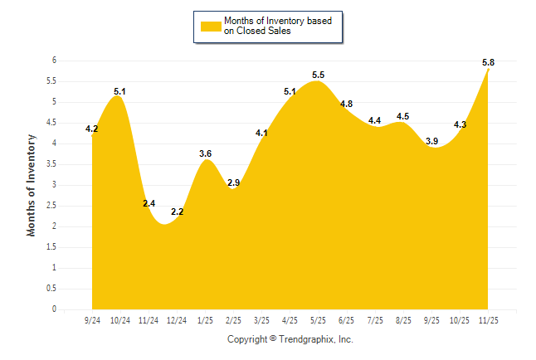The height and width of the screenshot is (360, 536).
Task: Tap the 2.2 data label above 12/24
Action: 178,212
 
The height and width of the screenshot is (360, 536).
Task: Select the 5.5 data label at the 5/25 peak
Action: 319,75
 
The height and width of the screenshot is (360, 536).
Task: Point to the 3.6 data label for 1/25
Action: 206,153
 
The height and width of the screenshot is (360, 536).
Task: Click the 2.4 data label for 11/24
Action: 149,203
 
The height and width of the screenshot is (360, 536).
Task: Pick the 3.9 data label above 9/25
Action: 432,142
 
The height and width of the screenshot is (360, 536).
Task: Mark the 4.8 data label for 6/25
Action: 347,104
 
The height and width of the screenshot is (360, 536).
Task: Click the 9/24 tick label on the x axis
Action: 93,320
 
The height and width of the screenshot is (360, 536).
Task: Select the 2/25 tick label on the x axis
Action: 234,320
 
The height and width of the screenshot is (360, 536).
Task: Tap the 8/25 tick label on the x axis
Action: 403,320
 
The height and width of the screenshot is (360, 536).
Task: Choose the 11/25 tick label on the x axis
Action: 488,320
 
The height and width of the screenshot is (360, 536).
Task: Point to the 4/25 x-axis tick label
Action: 290,320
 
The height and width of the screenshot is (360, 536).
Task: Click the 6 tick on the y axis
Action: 54,61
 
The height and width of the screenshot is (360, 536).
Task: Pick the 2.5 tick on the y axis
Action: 51,206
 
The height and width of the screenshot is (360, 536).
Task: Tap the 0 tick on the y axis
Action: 54,309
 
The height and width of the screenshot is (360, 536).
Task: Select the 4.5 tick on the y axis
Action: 51,123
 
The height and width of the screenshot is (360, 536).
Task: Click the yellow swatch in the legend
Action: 211,26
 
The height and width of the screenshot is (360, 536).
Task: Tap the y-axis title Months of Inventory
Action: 32,184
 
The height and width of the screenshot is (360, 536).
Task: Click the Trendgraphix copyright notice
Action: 290,339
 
